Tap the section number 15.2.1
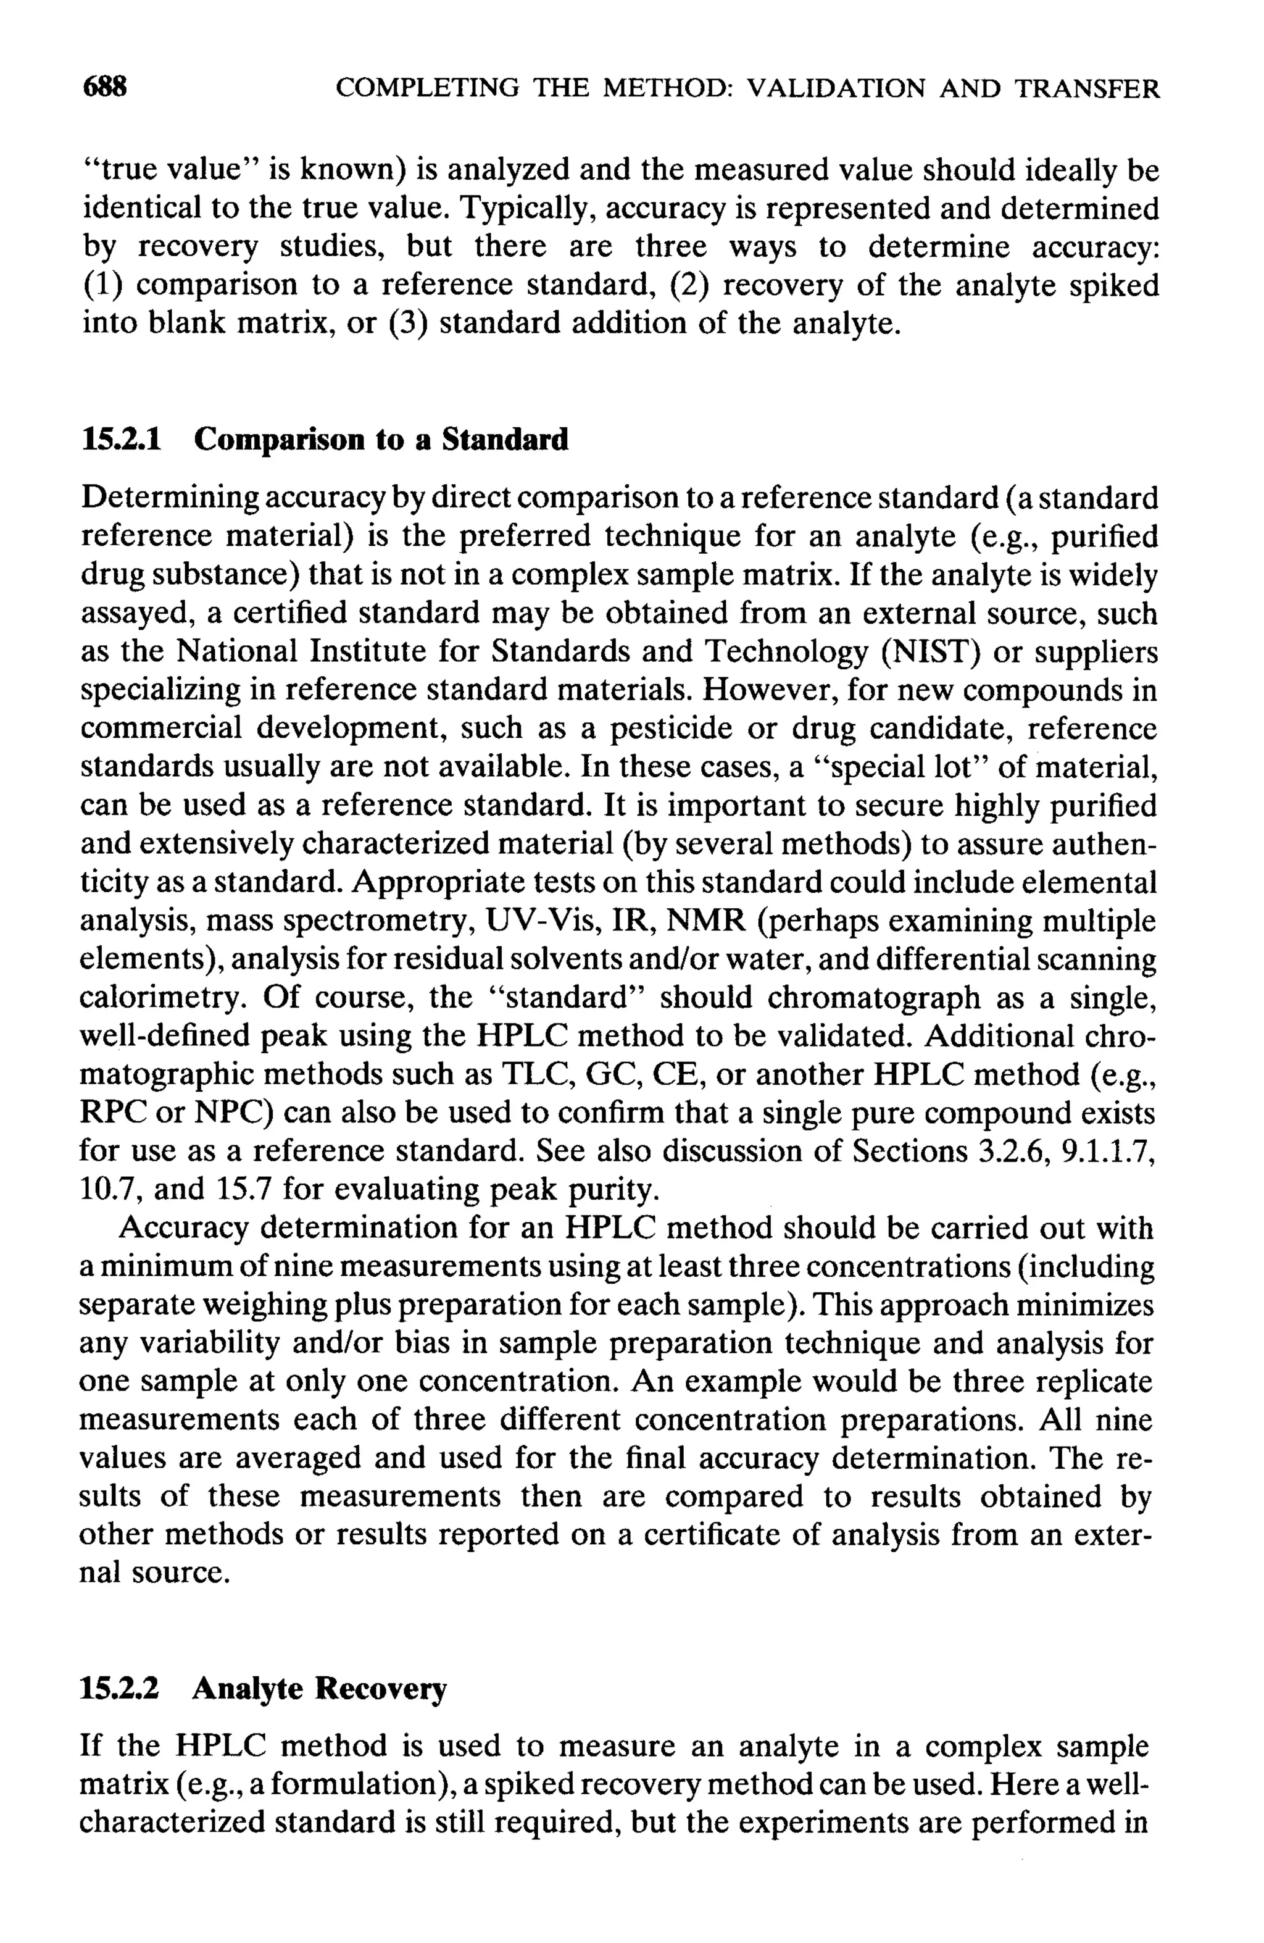click(x=121, y=440)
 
